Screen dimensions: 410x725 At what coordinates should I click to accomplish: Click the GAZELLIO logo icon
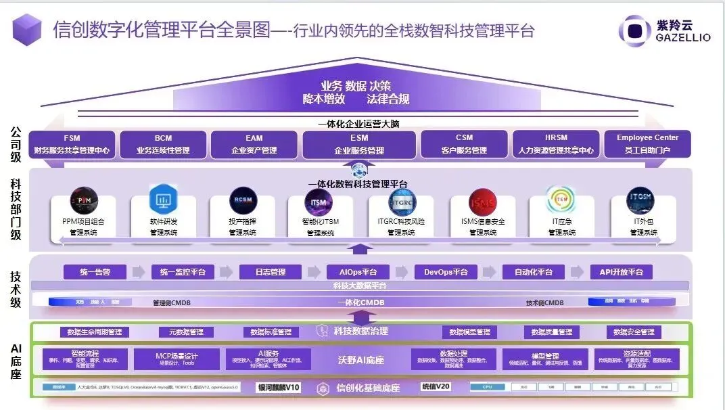pos(634,30)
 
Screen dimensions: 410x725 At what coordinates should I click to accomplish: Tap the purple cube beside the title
pos(27,30)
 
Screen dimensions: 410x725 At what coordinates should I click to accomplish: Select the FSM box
pos(72,144)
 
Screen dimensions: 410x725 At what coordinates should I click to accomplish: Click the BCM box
pos(163,144)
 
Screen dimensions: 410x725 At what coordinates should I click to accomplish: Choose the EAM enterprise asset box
pos(254,144)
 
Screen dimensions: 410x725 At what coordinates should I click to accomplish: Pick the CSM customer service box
pos(464,144)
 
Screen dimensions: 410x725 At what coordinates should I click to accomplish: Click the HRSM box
pos(556,144)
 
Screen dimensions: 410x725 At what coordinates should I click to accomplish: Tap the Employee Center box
pos(647,144)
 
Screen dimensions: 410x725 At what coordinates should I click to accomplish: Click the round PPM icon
pos(84,202)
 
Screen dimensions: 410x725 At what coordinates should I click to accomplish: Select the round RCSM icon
pos(243,202)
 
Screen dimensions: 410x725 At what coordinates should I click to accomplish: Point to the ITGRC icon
pos(402,202)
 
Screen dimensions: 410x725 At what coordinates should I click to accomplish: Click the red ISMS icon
pos(483,202)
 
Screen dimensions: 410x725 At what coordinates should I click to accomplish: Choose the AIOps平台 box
pos(358,272)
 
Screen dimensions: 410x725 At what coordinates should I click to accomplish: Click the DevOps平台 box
pos(446,272)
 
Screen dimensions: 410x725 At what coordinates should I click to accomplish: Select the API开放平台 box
pos(622,272)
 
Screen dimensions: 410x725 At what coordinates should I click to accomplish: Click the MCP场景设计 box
pos(177,359)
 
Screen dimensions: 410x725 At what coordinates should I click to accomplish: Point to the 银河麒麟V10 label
pos(278,388)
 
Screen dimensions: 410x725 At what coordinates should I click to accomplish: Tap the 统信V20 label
pos(436,388)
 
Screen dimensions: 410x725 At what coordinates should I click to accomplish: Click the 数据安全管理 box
pos(634,332)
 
